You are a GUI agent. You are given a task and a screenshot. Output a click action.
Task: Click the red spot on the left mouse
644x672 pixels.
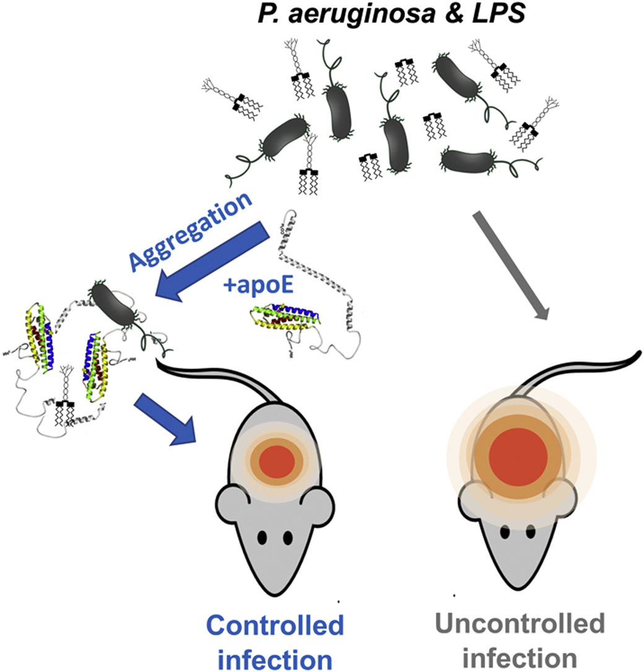(x=277, y=463)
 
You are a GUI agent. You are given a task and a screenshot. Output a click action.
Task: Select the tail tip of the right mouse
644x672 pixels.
(x=635, y=354)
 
